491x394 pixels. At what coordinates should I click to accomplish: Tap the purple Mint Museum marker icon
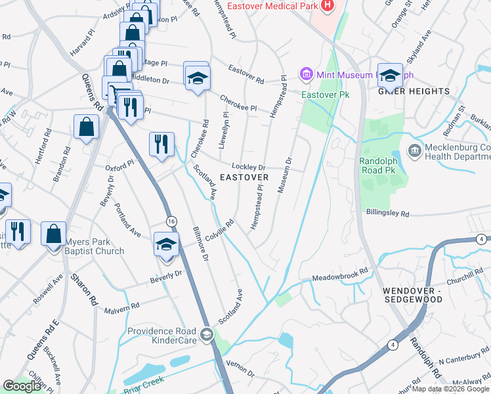(307, 74)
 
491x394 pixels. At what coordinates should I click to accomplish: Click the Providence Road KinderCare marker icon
(207, 336)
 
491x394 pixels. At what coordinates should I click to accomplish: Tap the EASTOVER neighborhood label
(244, 178)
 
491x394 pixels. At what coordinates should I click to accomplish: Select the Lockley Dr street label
(247, 167)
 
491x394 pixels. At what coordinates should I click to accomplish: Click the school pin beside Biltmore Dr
(167, 245)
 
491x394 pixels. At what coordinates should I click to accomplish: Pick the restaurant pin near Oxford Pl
(161, 144)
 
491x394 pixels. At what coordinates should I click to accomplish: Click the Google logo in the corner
(23, 386)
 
